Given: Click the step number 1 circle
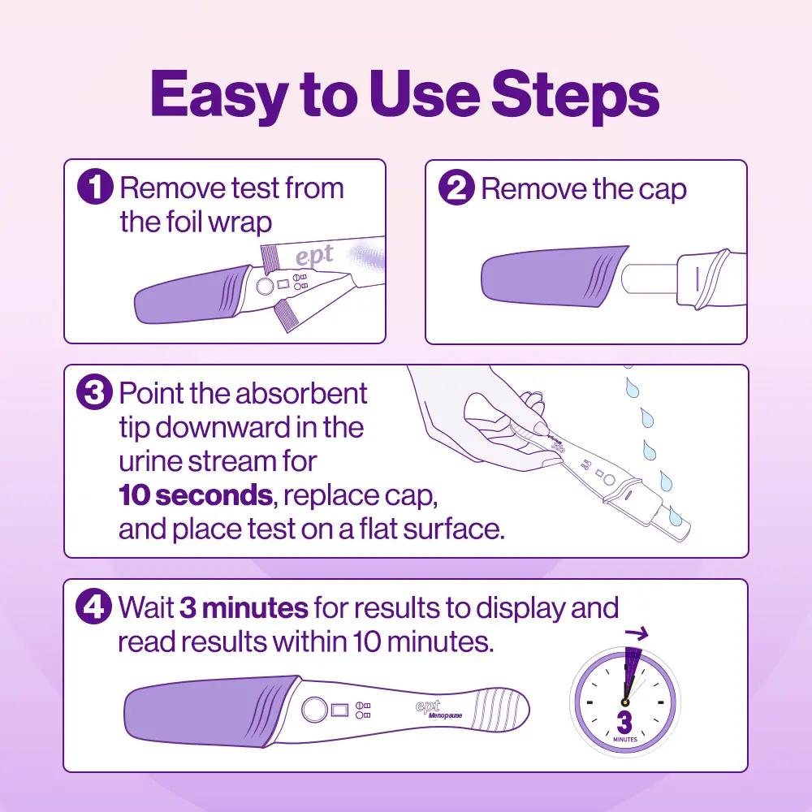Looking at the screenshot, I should pos(95,189).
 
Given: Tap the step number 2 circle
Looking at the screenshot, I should pos(456,189).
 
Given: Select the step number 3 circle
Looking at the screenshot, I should pos(95,394).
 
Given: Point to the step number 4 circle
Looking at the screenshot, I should pos(95,608).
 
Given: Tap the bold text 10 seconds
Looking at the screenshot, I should pos(194,495).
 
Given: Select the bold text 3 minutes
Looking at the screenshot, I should pos(244,607).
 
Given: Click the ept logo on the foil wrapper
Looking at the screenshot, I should pos(314,256).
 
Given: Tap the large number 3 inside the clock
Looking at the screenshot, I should pos(624,720).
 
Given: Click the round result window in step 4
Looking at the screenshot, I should pos(314,710).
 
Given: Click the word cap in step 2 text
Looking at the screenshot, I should pos(662,189).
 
